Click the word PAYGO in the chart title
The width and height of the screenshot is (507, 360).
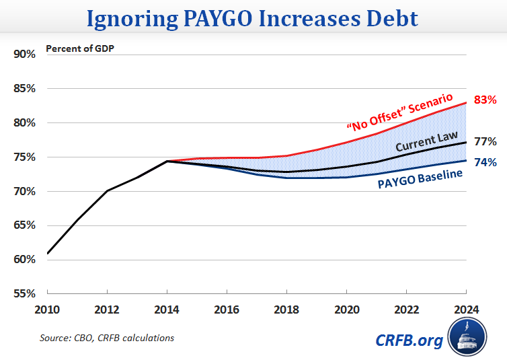click(220, 18)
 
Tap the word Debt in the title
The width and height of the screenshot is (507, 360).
click(389, 18)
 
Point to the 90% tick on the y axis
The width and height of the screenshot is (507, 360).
click(24, 54)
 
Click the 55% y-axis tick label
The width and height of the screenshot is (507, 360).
click(24, 293)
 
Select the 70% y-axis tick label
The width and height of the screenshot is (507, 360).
click(24, 191)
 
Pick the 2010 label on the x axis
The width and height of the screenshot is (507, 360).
click(47, 310)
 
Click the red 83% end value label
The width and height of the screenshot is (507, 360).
click(484, 100)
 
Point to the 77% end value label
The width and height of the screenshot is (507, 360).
click(484, 141)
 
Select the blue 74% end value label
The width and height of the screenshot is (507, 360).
click(484, 162)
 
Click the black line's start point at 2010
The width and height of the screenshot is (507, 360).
click(47, 254)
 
